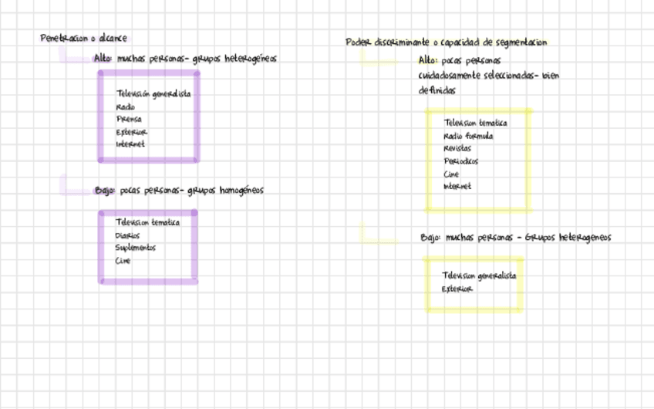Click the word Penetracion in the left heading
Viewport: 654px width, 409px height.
63,39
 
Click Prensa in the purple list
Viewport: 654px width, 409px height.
129,120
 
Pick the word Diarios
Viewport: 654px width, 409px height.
128,235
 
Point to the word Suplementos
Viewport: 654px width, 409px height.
136,248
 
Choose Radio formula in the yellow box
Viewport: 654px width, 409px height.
468,136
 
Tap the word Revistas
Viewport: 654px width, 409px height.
457,148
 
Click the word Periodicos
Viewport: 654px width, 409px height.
461,161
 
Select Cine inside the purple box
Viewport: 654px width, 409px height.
123,261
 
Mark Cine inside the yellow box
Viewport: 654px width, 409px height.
451,174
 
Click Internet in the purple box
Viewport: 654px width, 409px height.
130,144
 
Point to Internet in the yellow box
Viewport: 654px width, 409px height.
457,187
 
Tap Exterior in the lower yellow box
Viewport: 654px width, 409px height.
457,289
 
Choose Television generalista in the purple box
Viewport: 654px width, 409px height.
153,94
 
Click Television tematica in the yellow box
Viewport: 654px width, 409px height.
476,123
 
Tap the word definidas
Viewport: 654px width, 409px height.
437,90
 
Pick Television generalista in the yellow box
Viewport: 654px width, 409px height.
479,275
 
